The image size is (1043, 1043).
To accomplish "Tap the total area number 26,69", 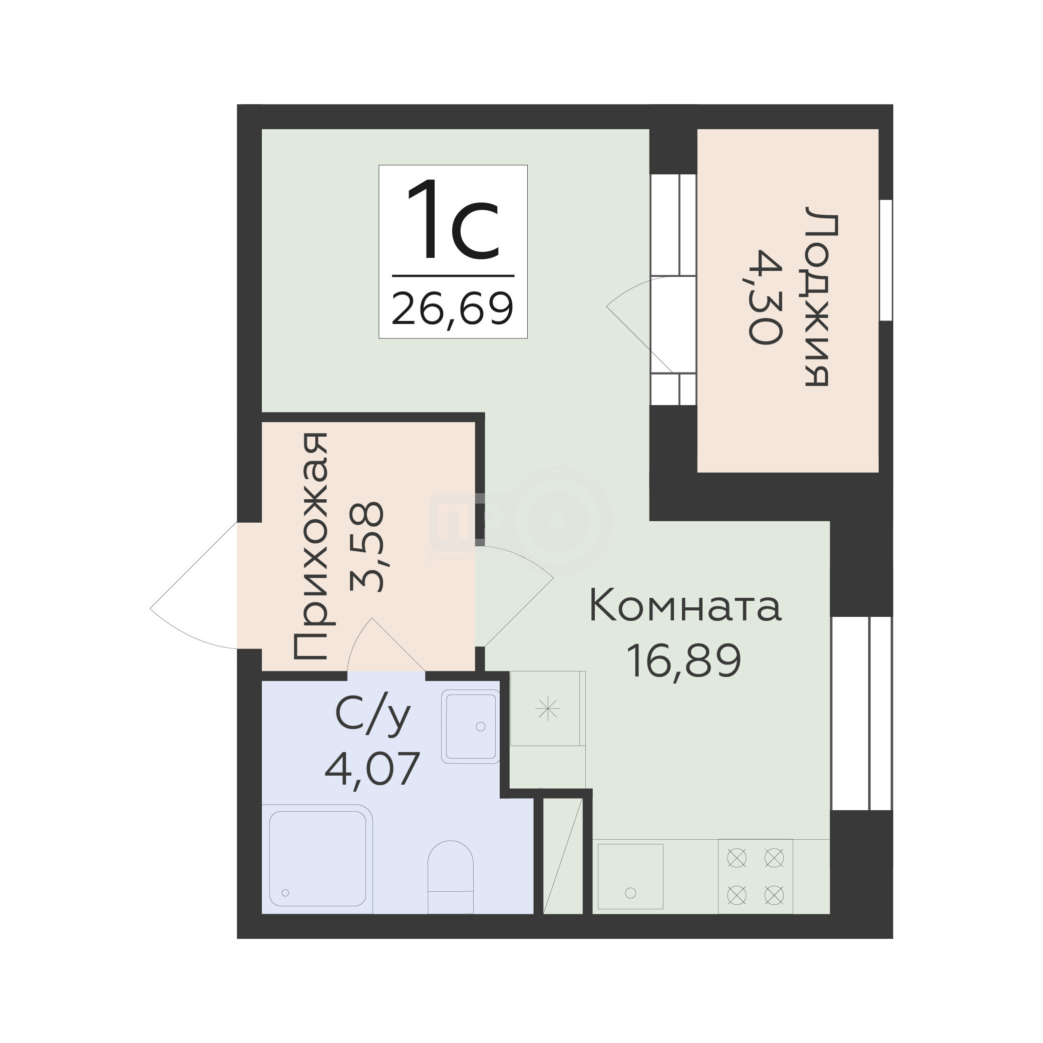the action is (x=452, y=308).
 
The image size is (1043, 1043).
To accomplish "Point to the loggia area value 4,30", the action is (x=766, y=296).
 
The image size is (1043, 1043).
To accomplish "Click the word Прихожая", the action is (x=310, y=547).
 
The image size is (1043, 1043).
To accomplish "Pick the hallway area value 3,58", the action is (x=367, y=547).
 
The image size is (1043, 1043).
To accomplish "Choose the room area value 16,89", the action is (x=685, y=662).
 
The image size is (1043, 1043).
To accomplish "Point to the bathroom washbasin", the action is (x=470, y=726).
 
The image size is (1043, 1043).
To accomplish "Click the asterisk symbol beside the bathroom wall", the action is (x=548, y=709).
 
